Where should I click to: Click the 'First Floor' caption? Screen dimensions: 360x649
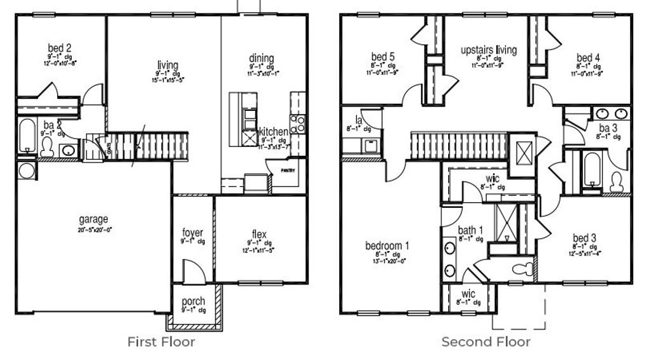pyautogui.click(x=161, y=342)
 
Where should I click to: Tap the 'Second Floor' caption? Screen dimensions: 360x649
pyautogui.click(x=486, y=342)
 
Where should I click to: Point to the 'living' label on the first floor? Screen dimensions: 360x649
pyautogui.click(x=168, y=65)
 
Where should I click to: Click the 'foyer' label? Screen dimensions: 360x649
pyautogui.click(x=193, y=233)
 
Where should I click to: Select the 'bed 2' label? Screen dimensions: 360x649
pyautogui.click(x=60, y=48)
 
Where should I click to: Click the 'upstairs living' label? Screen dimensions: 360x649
pyautogui.click(x=489, y=49)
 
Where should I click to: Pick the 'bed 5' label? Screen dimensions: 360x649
pyautogui.click(x=383, y=57)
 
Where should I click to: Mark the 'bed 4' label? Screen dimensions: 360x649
pyautogui.click(x=589, y=57)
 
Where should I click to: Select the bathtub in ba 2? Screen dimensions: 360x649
pyautogui.click(x=27, y=135)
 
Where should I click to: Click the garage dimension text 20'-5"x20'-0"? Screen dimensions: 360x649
pyautogui.click(x=93, y=229)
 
